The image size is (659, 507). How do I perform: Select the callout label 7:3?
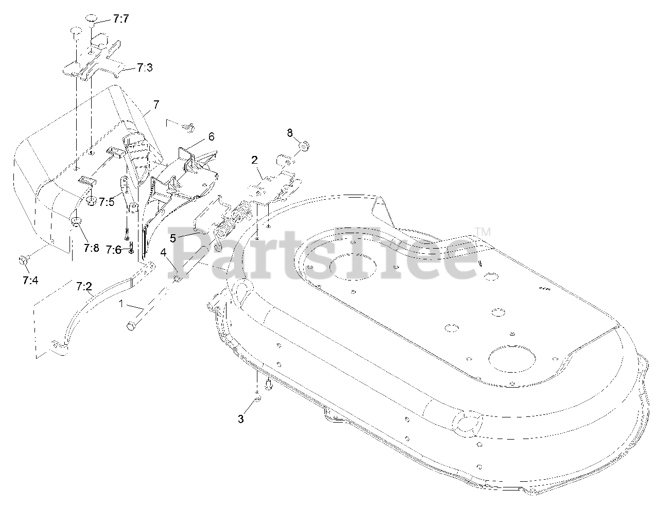click(145, 67)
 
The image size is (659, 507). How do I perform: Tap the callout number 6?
click(197, 136)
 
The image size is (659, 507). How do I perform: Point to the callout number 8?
click(290, 132)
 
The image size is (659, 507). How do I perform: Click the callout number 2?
click(254, 160)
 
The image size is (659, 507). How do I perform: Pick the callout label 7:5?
click(107, 201)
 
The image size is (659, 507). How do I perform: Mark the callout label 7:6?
click(113, 250)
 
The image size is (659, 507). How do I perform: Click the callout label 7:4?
click(30, 281)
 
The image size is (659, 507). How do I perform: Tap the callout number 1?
click(122, 304)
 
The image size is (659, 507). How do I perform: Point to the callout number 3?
click(240, 418)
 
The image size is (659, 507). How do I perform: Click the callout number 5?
click(173, 238)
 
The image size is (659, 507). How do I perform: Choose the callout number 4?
click(163, 253)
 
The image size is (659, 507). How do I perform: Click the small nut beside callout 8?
click(303, 146)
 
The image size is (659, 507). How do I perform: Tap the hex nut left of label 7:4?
click(22, 260)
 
